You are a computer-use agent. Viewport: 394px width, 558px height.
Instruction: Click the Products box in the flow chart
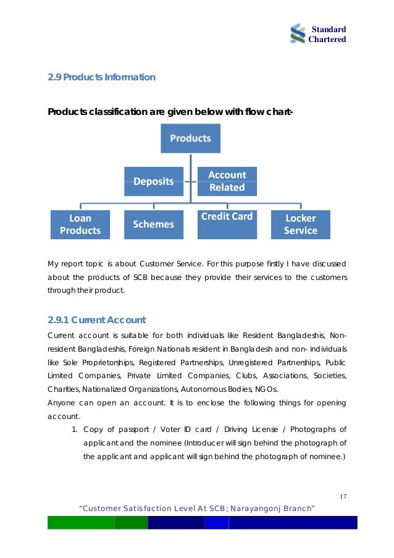190,138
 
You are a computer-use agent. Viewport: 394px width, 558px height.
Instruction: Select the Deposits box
154,181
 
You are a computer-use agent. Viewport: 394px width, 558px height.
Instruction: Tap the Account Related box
227,181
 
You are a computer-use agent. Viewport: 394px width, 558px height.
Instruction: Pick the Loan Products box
80,224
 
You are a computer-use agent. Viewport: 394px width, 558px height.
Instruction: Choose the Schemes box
154,224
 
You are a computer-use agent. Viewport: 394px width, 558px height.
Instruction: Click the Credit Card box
227,224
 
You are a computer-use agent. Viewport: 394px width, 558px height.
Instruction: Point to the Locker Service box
300,224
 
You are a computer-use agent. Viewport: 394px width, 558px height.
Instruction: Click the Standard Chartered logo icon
298,34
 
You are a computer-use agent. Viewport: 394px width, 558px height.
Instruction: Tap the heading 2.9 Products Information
101,77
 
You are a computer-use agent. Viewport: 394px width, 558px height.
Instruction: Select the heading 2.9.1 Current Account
96,320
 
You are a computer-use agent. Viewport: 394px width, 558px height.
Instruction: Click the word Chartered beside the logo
328,40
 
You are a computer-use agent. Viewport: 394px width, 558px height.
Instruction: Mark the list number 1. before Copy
75,429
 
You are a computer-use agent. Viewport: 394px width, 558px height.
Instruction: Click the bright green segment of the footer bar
81,523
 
